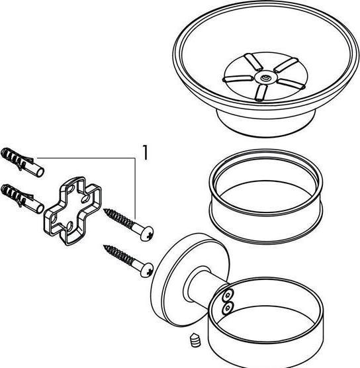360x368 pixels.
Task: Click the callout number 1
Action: (146, 152)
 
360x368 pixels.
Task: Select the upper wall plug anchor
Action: (22, 162)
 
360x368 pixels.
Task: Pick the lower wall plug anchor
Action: (22, 199)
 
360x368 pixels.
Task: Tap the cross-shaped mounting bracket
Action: (73, 210)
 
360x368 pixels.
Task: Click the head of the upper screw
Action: (147, 234)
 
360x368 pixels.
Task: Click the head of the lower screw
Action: (147, 270)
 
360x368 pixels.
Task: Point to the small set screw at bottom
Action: (195, 340)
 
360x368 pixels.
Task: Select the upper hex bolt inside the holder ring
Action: (228, 295)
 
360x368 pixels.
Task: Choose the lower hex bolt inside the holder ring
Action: (227, 308)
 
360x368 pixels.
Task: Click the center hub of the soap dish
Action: (265, 77)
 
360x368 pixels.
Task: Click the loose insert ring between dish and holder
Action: (266, 197)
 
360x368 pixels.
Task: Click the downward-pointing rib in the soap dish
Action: (261, 93)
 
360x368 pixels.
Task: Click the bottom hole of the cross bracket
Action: (69, 226)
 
